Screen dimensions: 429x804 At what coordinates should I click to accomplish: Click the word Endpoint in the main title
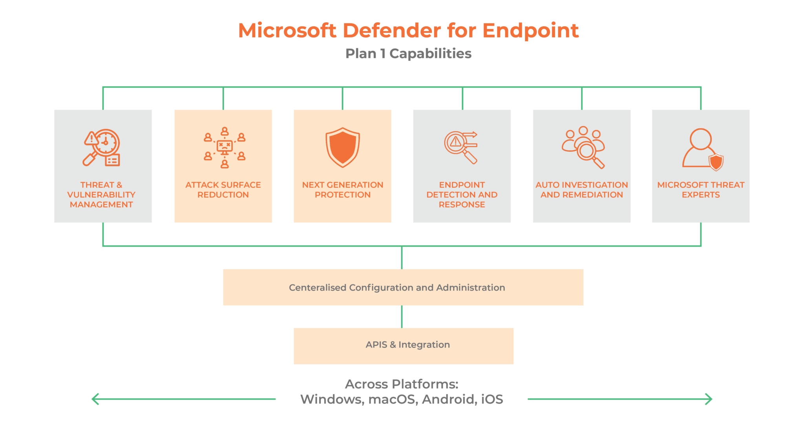(530, 31)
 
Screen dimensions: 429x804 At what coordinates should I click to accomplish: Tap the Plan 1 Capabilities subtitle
(408, 53)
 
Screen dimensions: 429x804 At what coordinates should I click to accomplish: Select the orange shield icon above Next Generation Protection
(343, 147)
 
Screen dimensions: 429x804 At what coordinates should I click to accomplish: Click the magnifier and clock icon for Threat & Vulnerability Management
(102, 147)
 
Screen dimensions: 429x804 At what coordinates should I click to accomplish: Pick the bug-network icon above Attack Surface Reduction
(225, 147)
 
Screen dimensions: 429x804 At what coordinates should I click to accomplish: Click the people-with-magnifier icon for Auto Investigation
(583, 147)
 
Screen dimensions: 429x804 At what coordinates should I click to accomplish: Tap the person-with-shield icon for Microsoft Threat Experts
(702, 149)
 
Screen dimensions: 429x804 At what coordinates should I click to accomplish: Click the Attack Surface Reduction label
(223, 190)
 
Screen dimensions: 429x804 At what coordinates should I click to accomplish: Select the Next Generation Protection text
(343, 190)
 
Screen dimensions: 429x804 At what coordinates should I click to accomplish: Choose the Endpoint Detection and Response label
(462, 194)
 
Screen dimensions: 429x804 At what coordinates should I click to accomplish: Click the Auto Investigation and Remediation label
(582, 190)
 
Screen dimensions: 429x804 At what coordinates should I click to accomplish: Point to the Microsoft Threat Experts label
(701, 190)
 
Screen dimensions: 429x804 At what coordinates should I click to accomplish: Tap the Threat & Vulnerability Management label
(101, 194)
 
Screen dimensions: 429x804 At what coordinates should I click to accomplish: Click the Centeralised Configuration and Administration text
(397, 288)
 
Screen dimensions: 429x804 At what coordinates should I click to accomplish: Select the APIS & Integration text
(407, 345)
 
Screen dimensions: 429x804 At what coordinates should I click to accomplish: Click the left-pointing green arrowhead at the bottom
(94, 399)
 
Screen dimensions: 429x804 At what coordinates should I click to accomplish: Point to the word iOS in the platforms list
(492, 400)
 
